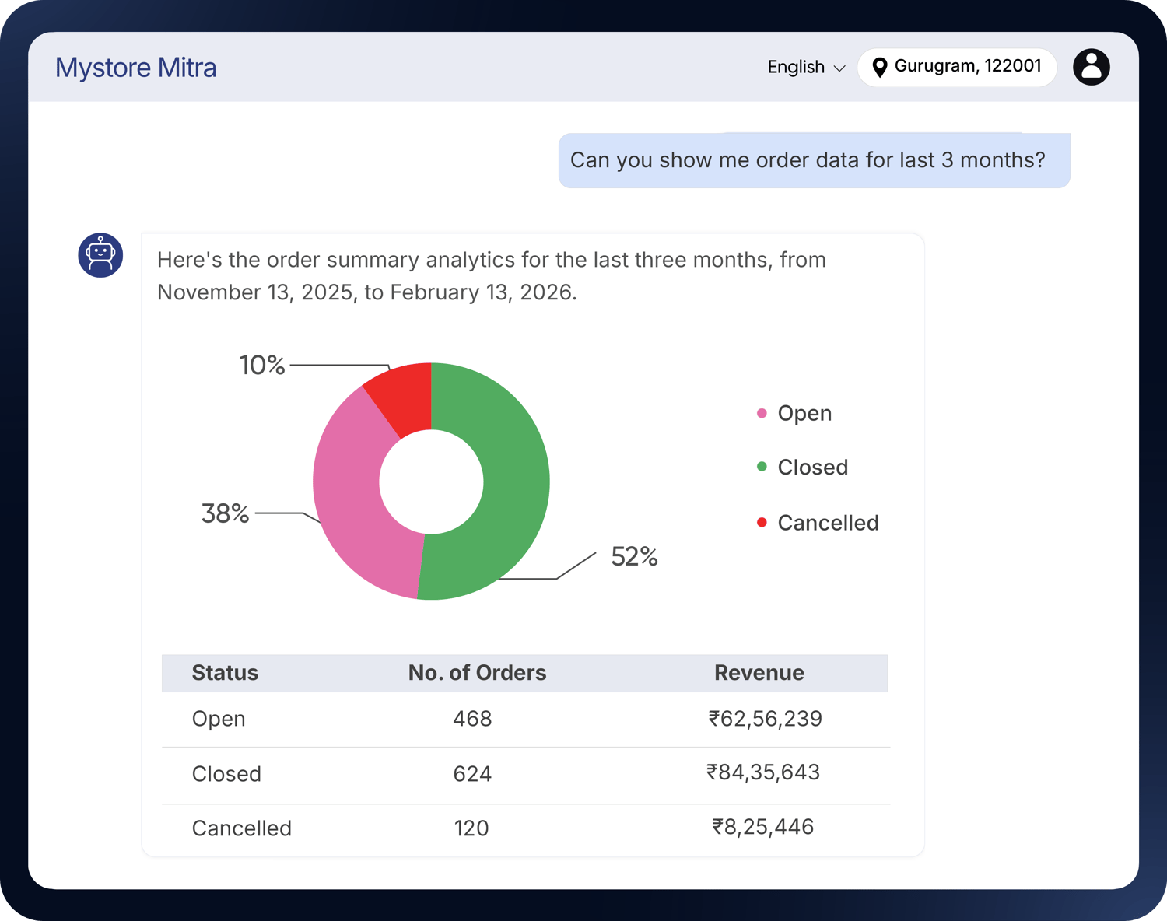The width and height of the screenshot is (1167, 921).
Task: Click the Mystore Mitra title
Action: [x=136, y=68]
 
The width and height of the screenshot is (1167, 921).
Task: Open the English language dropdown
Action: [x=805, y=68]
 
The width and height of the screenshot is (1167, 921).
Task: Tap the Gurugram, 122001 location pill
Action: [x=956, y=67]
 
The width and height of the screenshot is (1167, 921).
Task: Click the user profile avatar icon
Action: [x=1091, y=67]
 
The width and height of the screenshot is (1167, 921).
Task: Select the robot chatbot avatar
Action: [x=100, y=255]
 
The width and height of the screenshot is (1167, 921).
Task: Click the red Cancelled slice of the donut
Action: [x=405, y=397]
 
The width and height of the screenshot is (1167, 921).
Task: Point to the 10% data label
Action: [x=262, y=365]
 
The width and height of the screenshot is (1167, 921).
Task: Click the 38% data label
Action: [x=225, y=513]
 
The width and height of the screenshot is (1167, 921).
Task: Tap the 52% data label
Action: [x=634, y=557]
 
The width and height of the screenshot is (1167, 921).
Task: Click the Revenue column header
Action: [x=759, y=673]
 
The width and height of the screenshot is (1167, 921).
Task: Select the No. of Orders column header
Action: [x=477, y=673]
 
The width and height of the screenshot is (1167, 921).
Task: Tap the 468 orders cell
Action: [x=472, y=719]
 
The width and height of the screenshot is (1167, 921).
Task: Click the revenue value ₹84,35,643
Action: [x=762, y=772]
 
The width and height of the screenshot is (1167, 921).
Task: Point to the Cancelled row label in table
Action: [x=241, y=828]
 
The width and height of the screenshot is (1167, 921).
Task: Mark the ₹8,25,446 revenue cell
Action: [x=762, y=827]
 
